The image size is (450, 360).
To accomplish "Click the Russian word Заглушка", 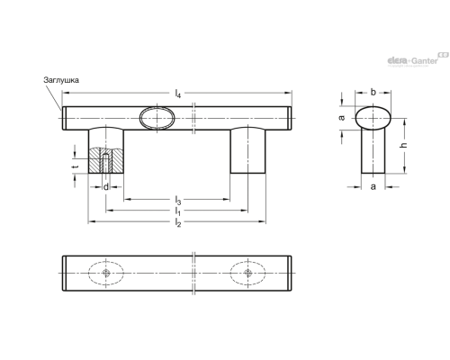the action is click(61, 80).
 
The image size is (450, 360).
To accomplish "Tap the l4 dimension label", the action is click(178, 94).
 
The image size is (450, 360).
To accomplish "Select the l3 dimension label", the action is click(178, 200).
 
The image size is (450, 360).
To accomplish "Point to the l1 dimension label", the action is click(178, 211).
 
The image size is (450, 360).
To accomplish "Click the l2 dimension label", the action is click(178, 222).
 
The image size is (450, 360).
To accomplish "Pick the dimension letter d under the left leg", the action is click(106, 187).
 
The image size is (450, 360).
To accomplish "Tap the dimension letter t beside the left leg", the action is click(76, 166).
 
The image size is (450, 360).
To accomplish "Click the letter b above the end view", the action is click(373, 92).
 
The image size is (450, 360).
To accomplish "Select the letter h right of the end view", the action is click(404, 145).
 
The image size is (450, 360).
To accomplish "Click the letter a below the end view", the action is click(373, 186).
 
